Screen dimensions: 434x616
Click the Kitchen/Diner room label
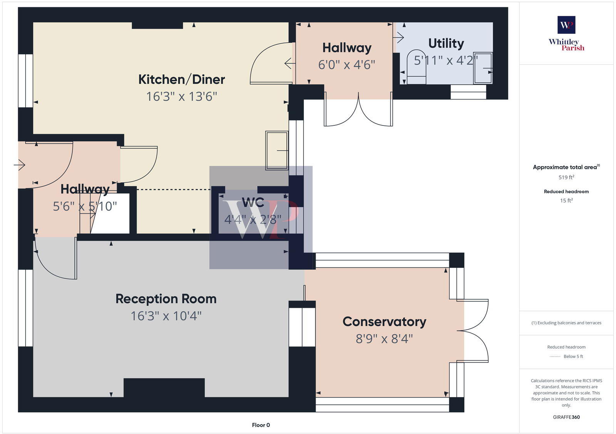(x=181, y=79)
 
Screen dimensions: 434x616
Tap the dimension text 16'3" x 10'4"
(x=166, y=316)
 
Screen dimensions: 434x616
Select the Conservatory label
(x=384, y=322)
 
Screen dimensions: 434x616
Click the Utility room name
(x=446, y=43)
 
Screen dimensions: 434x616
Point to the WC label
(x=253, y=202)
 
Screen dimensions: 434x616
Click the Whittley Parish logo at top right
(x=566, y=33)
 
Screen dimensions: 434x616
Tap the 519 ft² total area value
(x=566, y=177)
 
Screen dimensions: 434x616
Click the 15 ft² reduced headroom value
(x=566, y=200)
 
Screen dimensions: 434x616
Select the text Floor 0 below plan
(x=261, y=425)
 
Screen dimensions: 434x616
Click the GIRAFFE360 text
(x=566, y=417)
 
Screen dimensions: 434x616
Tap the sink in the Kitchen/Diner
(x=277, y=150)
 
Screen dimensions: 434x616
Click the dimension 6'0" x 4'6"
(x=346, y=65)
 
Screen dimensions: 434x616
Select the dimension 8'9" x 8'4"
(x=384, y=339)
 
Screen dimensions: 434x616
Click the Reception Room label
(x=166, y=299)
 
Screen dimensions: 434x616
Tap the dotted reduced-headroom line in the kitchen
(x=173, y=189)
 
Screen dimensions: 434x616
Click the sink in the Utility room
(x=483, y=68)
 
